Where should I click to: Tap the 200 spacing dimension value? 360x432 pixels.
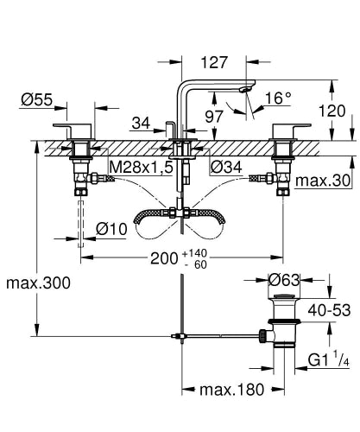(x=164, y=258)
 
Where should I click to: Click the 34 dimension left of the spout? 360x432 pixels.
(x=142, y=124)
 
